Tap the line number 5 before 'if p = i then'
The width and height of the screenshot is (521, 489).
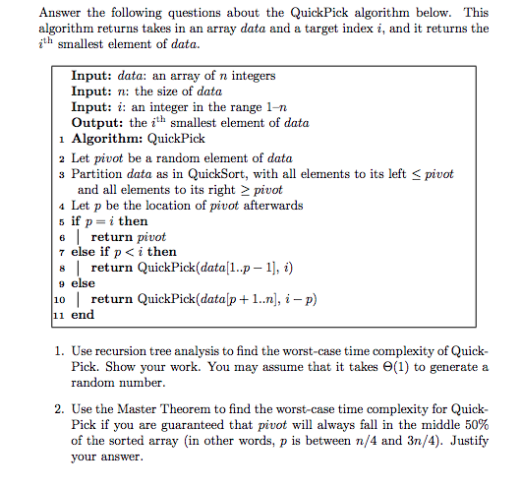62,221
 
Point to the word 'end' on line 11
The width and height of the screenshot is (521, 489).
84,315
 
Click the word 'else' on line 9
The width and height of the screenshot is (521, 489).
85,283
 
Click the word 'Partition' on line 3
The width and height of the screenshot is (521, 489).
100,173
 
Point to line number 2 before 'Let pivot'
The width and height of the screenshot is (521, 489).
62,157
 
